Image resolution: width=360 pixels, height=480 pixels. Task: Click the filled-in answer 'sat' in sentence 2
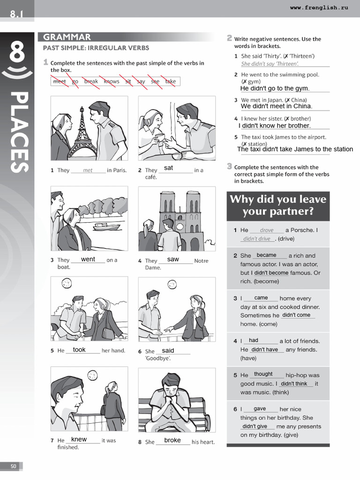coord(168,167)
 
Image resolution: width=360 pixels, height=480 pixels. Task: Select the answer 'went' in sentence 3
coord(88,259)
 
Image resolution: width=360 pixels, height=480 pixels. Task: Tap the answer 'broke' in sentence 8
coord(172,440)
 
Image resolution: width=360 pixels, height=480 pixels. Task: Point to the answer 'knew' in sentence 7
coord(79,439)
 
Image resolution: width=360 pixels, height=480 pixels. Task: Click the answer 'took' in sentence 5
coord(79,350)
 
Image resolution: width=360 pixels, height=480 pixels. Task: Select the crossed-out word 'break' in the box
coord(91,82)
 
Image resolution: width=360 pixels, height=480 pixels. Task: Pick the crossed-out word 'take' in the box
coord(171,82)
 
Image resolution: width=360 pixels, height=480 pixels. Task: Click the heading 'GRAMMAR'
coord(67,37)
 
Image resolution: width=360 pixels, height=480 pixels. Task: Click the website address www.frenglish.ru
coord(319,8)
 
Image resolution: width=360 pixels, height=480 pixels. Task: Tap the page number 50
coord(13,466)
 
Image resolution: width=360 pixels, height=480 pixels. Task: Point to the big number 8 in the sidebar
coord(17,52)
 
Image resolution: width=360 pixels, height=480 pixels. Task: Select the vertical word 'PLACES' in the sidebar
coord(18,132)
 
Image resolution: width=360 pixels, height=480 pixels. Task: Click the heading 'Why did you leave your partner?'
coord(277,205)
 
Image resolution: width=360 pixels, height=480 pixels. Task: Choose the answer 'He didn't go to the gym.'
coord(274,88)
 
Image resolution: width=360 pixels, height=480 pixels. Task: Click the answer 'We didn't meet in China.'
coord(276,106)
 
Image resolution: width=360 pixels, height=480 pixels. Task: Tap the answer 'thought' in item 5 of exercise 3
coord(263,374)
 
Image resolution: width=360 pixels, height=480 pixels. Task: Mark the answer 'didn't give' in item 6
coord(255,426)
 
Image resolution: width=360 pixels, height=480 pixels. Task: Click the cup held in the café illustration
coord(159,137)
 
